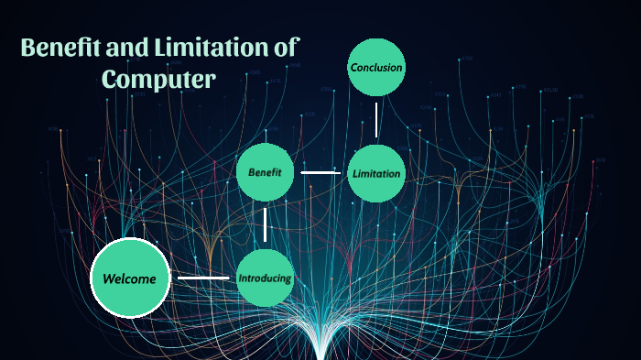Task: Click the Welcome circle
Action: coord(131,278)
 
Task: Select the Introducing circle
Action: coord(265,278)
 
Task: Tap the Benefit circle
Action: coord(265,172)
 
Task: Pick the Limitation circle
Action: coord(376,173)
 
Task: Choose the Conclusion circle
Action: coord(376,67)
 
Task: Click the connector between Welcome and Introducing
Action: coord(203,278)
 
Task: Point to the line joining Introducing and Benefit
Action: coord(265,224)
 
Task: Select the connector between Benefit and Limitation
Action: coord(320,172)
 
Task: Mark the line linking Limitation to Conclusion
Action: coord(376,120)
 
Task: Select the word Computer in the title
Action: coord(158,79)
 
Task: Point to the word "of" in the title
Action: coord(287,49)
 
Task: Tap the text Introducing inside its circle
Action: coord(265,278)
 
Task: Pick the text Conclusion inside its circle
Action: coord(376,68)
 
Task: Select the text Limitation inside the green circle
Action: coord(376,173)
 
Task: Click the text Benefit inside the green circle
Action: coord(265,172)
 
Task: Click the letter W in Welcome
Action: coord(109,278)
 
